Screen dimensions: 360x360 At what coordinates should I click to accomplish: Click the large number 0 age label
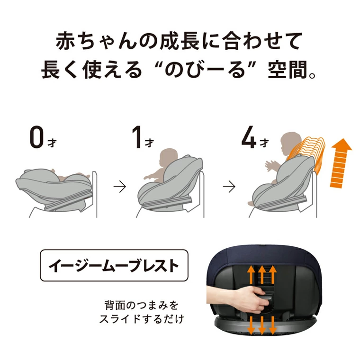(x=36, y=137)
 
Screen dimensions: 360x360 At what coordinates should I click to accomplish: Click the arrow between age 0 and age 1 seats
(x=120, y=187)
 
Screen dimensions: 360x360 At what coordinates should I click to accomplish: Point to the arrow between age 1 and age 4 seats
(x=229, y=187)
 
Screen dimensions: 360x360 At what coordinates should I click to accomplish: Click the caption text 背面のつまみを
(x=141, y=304)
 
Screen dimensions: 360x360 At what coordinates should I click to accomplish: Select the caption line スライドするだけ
(x=141, y=319)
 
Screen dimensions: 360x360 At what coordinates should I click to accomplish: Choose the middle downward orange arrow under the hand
(x=261, y=327)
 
